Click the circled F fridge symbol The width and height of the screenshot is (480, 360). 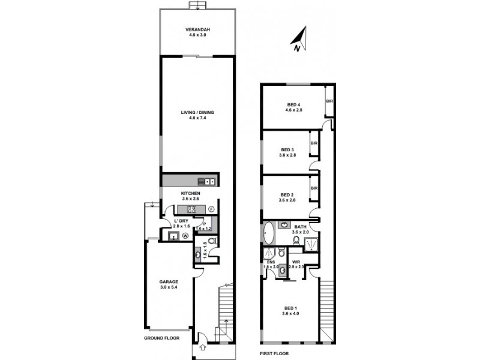click(x=211, y=209)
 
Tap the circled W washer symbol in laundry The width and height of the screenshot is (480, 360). click(x=185, y=236)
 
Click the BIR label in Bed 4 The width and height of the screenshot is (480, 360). click(x=329, y=101)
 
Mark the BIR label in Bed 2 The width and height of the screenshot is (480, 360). click(x=314, y=188)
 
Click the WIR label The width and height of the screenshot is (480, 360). click(x=296, y=262)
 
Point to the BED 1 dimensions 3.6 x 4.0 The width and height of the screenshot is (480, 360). click(x=290, y=314)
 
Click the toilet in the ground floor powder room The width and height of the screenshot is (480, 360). click(x=214, y=241)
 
